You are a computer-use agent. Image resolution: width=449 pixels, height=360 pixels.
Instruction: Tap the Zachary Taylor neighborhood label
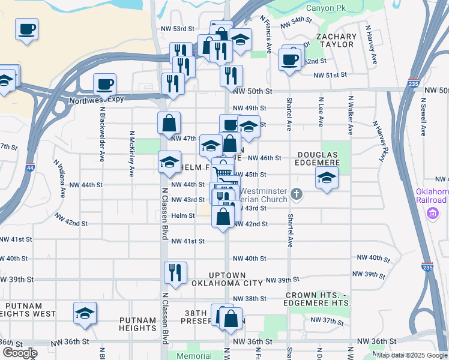[x=336, y=41]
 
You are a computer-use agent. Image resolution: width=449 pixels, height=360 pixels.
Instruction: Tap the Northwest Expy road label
[x=96, y=100]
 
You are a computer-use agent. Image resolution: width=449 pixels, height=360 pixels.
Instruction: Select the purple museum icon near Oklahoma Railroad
[x=432, y=212]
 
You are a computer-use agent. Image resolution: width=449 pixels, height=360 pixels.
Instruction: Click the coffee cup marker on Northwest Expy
[x=104, y=84]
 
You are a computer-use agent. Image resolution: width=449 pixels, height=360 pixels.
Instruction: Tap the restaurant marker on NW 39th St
[x=175, y=272]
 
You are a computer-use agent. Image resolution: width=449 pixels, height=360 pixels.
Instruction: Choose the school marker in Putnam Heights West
[x=85, y=313]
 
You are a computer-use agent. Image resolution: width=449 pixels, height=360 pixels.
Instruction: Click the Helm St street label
[x=183, y=215]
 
